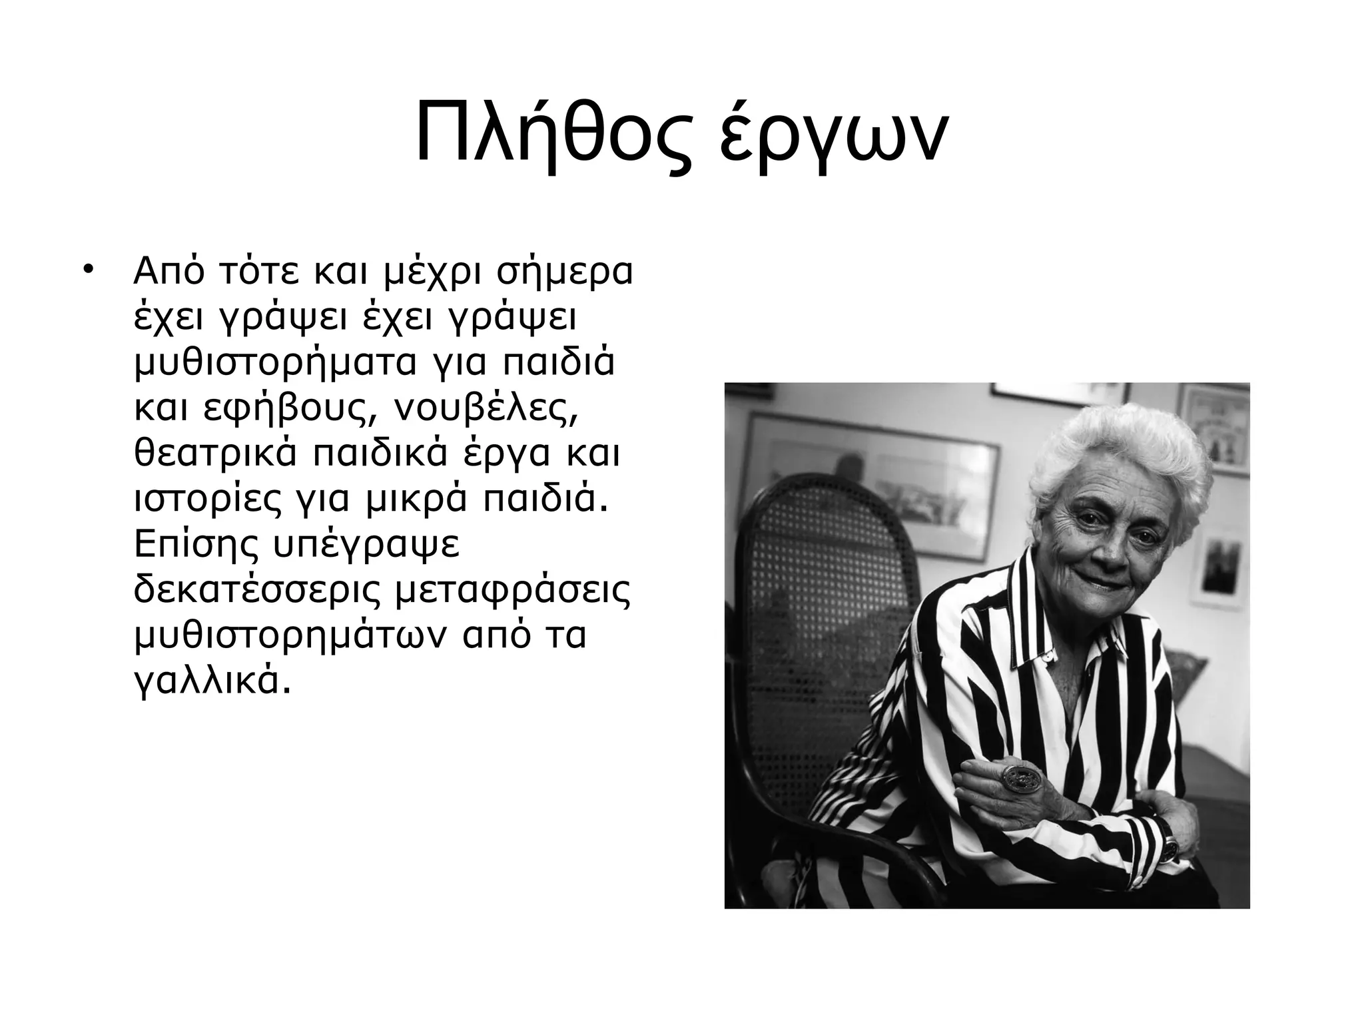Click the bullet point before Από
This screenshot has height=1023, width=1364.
(x=87, y=272)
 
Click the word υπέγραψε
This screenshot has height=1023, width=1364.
(x=366, y=547)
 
